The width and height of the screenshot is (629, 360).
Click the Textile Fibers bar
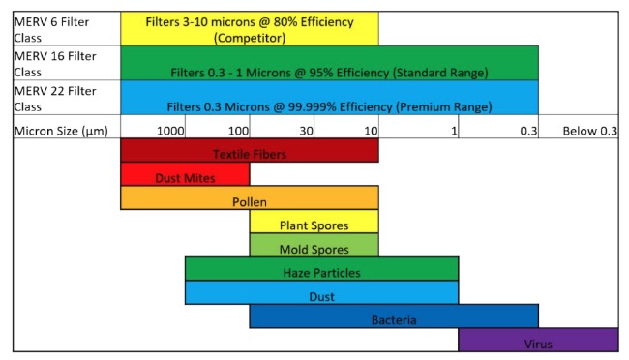point(250,151)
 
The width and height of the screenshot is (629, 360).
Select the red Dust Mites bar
point(185,174)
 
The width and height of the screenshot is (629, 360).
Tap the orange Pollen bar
point(250,197)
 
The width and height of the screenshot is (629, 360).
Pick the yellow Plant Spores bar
point(314,222)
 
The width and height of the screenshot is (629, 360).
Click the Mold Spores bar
point(314,245)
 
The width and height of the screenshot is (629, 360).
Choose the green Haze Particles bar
point(321,268)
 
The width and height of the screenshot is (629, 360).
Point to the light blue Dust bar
point(321,292)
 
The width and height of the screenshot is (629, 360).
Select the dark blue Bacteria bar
point(394,315)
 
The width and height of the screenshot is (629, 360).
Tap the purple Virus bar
point(538,340)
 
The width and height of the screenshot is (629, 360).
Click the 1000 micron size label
point(170,131)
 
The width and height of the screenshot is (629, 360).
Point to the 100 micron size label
point(238,131)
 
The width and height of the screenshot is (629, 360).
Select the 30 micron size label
point(306,131)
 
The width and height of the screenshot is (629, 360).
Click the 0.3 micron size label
point(528,131)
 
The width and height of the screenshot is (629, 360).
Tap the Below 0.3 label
point(589,131)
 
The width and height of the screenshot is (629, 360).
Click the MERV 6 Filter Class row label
point(51,30)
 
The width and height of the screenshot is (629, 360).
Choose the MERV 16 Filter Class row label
point(55,64)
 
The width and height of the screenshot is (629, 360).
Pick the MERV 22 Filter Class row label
point(55,99)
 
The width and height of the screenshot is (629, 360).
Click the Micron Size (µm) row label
point(61,132)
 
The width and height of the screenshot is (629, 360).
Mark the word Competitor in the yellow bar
point(250,38)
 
